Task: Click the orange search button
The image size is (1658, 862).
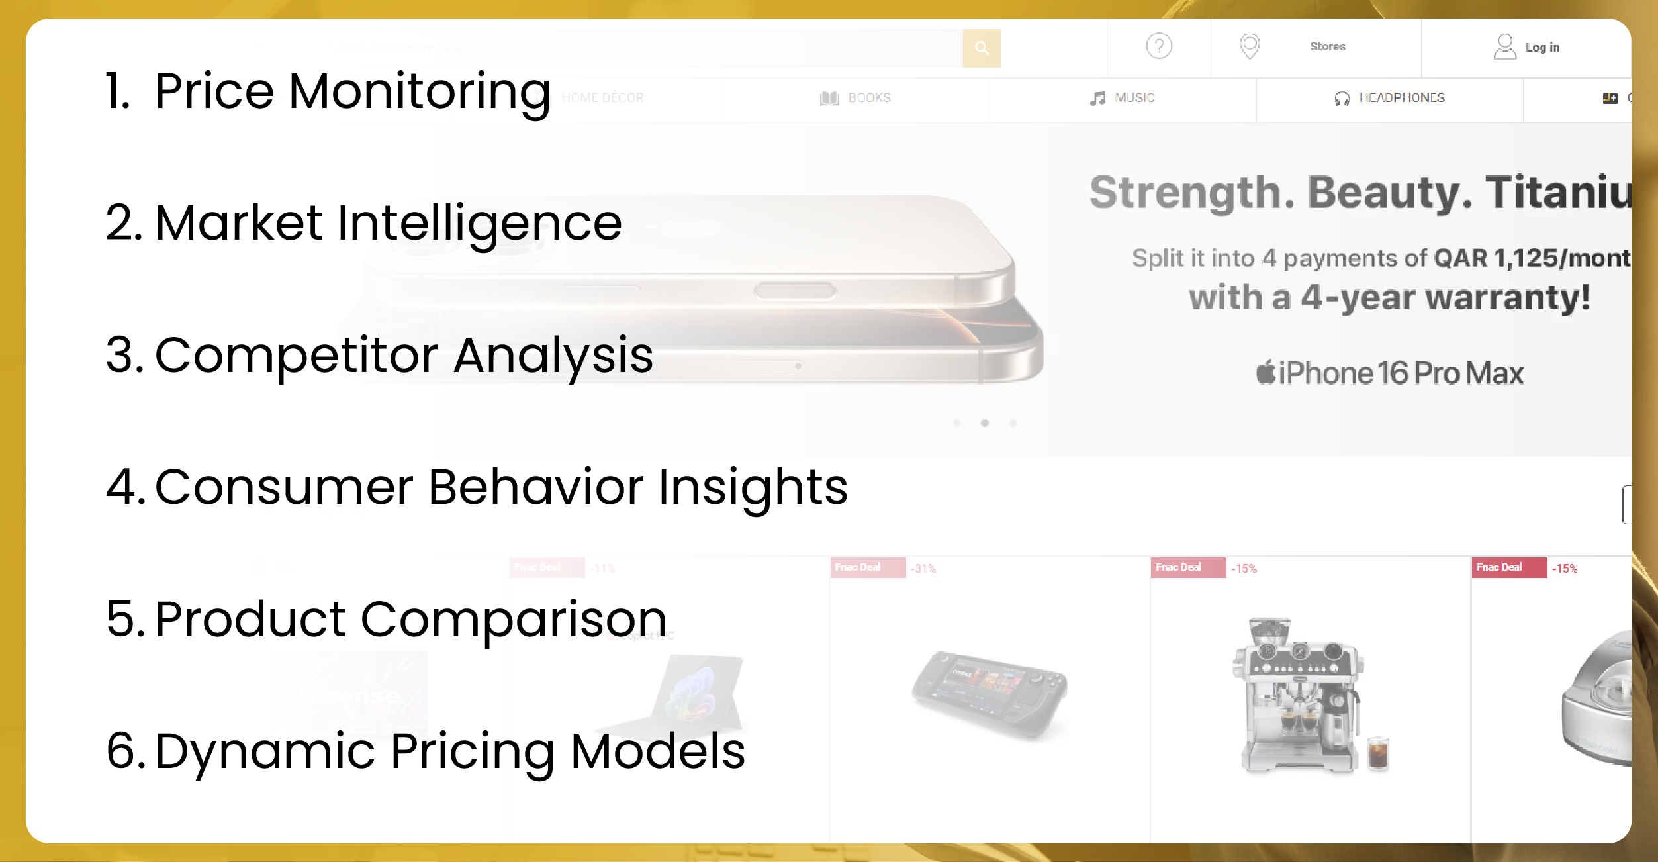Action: click(982, 48)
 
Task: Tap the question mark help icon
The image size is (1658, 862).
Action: click(1159, 46)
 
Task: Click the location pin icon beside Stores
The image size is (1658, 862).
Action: click(1249, 46)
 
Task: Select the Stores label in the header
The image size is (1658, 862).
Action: click(1327, 46)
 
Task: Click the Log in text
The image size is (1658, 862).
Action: click(1542, 48)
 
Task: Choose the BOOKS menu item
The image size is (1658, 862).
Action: click(868, 98)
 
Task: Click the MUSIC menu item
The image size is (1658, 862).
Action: click(1134, 98)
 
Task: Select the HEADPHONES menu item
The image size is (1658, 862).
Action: click(1401, 98)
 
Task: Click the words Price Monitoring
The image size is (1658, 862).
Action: click(352, 91)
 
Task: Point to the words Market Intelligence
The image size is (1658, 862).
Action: click(388, 223)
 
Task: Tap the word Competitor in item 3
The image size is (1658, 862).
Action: click(296, 356)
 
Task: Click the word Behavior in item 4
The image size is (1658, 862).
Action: click(535, 488)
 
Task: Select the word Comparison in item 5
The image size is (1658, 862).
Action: click(513, 620)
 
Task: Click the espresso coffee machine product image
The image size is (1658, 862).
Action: click(1301, 695)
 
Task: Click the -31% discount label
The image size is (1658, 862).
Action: click(923, 569)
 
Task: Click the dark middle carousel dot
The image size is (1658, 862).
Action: click(984, 423)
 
